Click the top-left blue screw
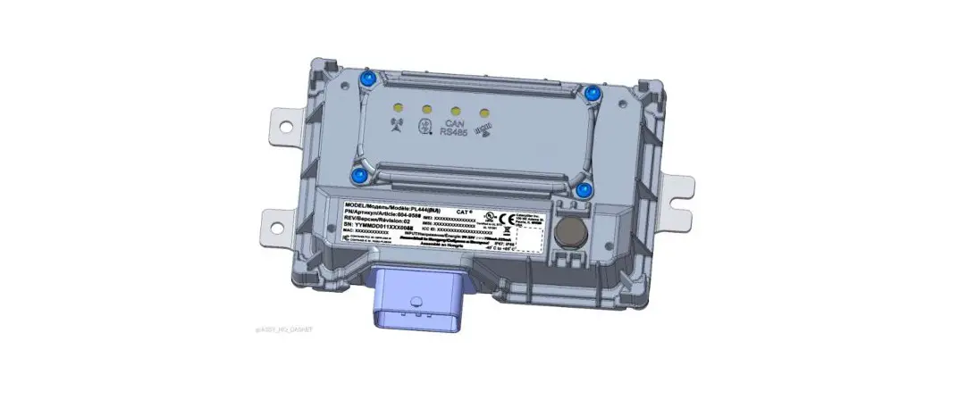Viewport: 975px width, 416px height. coord(368,81)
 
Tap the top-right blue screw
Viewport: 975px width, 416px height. coord(591,92)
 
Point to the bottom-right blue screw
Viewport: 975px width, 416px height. coord(584,189)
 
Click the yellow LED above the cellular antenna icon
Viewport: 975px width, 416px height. coord(398,104)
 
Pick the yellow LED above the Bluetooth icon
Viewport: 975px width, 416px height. coord(426,108)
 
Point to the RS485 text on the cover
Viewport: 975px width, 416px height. coord(453,135)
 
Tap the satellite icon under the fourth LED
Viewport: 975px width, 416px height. coord(483,135)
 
